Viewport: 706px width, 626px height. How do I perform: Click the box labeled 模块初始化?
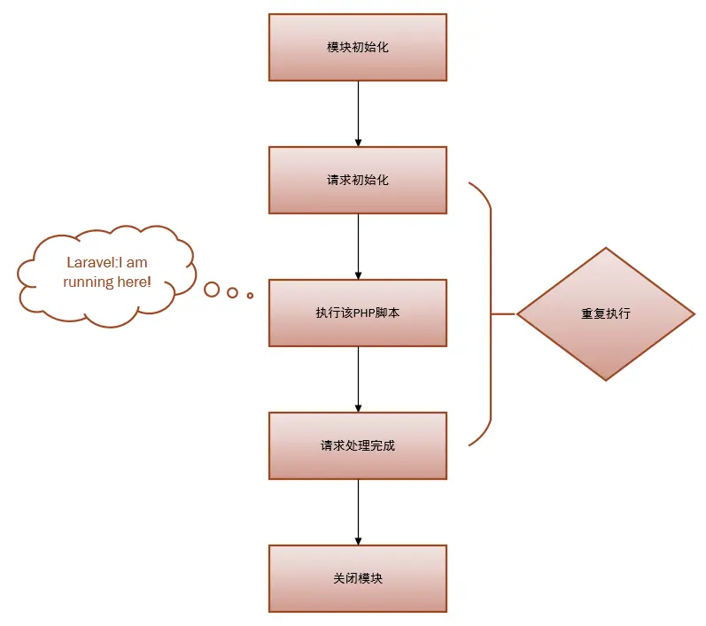358,47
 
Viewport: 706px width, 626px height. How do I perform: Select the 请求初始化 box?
358,180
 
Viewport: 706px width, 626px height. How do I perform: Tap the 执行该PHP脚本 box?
358,313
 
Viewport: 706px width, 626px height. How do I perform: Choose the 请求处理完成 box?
358,445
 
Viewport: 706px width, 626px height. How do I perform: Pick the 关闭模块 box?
358,578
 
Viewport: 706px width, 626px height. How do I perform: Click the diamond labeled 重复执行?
606,313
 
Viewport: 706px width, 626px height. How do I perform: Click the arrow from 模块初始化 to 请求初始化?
358,113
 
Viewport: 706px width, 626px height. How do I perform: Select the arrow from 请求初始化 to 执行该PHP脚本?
358,246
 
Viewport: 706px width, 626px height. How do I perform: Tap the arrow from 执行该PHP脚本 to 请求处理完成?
358,379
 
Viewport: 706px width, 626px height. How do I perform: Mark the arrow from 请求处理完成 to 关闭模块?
358,512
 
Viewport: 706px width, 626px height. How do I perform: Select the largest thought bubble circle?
212,289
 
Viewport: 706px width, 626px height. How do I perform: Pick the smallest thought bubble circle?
250,295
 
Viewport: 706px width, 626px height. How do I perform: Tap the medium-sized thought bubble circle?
232,292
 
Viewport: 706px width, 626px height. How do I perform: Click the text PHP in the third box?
364,313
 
